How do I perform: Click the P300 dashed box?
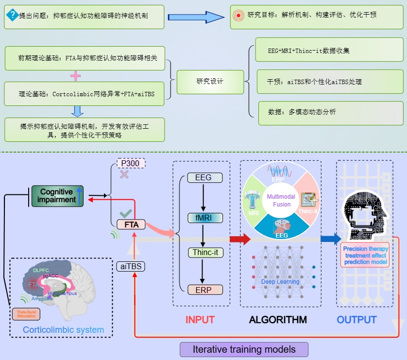click(x=132, y=163)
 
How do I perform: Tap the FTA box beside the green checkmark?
click(x=132, y=224)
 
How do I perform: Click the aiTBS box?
click(x=131, y=266)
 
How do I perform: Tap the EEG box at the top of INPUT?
click(x=203, y=178)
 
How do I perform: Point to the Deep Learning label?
click(x=280, y=281)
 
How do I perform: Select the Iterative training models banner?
click(x=244, y=349)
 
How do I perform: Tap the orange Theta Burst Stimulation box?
click(x=26, y=314)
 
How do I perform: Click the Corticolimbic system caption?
click(x=63, y=330)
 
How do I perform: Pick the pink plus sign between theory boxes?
click(x=75, y=76)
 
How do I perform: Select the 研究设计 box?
click(x=210, y=81)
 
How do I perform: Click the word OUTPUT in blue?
click(x=356, y=320)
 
